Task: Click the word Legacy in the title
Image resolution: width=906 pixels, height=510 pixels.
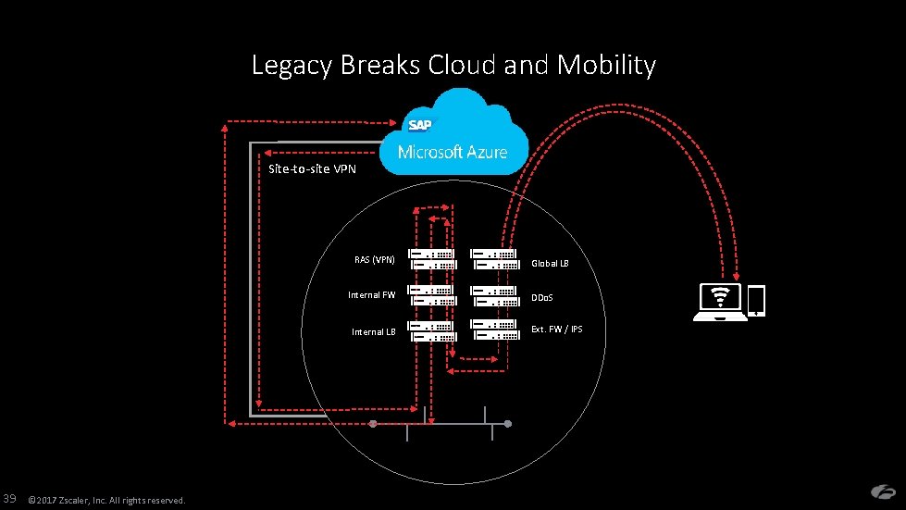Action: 292,66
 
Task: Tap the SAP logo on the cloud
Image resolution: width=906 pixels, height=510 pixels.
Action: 419,125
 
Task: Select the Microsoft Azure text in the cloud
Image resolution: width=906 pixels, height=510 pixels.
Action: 453,152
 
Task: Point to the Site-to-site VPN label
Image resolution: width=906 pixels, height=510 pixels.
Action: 312,168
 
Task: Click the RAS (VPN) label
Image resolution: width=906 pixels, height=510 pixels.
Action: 375,260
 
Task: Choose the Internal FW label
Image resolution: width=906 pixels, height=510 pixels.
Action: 371,294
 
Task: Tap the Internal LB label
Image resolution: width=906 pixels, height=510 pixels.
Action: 373,331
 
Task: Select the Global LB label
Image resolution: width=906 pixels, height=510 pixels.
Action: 550,264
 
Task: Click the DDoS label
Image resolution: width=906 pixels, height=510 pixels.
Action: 542,297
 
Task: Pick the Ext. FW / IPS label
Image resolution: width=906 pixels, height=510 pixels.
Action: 557,330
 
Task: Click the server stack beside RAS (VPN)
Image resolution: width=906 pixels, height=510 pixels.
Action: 432,259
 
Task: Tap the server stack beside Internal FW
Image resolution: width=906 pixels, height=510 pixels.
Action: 432,295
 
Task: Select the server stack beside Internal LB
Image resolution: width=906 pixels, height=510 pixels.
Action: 432,331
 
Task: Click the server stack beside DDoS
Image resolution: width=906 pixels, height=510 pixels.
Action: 494,296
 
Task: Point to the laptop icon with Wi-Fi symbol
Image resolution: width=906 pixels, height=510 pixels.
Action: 720,302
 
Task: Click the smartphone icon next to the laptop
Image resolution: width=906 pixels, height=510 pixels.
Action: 757,300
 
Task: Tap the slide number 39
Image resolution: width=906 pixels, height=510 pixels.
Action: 10,499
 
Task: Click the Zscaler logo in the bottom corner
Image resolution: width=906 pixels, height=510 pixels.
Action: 883,491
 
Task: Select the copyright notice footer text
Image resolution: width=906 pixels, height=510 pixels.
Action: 107,500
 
